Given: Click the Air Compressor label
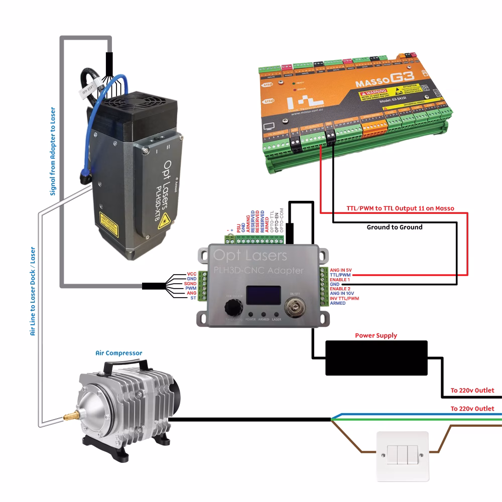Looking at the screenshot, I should [118, 353].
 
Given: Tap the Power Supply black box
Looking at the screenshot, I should [376, 358].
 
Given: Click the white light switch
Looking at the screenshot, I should [403, 456].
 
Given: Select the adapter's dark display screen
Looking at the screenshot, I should [263, 295].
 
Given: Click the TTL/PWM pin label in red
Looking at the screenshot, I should [341, 275].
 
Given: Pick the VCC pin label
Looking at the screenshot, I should [191, 274].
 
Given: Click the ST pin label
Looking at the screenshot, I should [193, 298].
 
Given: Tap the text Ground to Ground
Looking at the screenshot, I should [395, 227].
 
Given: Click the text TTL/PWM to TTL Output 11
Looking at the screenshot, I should [400, 208].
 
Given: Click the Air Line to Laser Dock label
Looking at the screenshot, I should [33, 291].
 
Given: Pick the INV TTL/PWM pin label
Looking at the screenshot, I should [345, 299].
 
